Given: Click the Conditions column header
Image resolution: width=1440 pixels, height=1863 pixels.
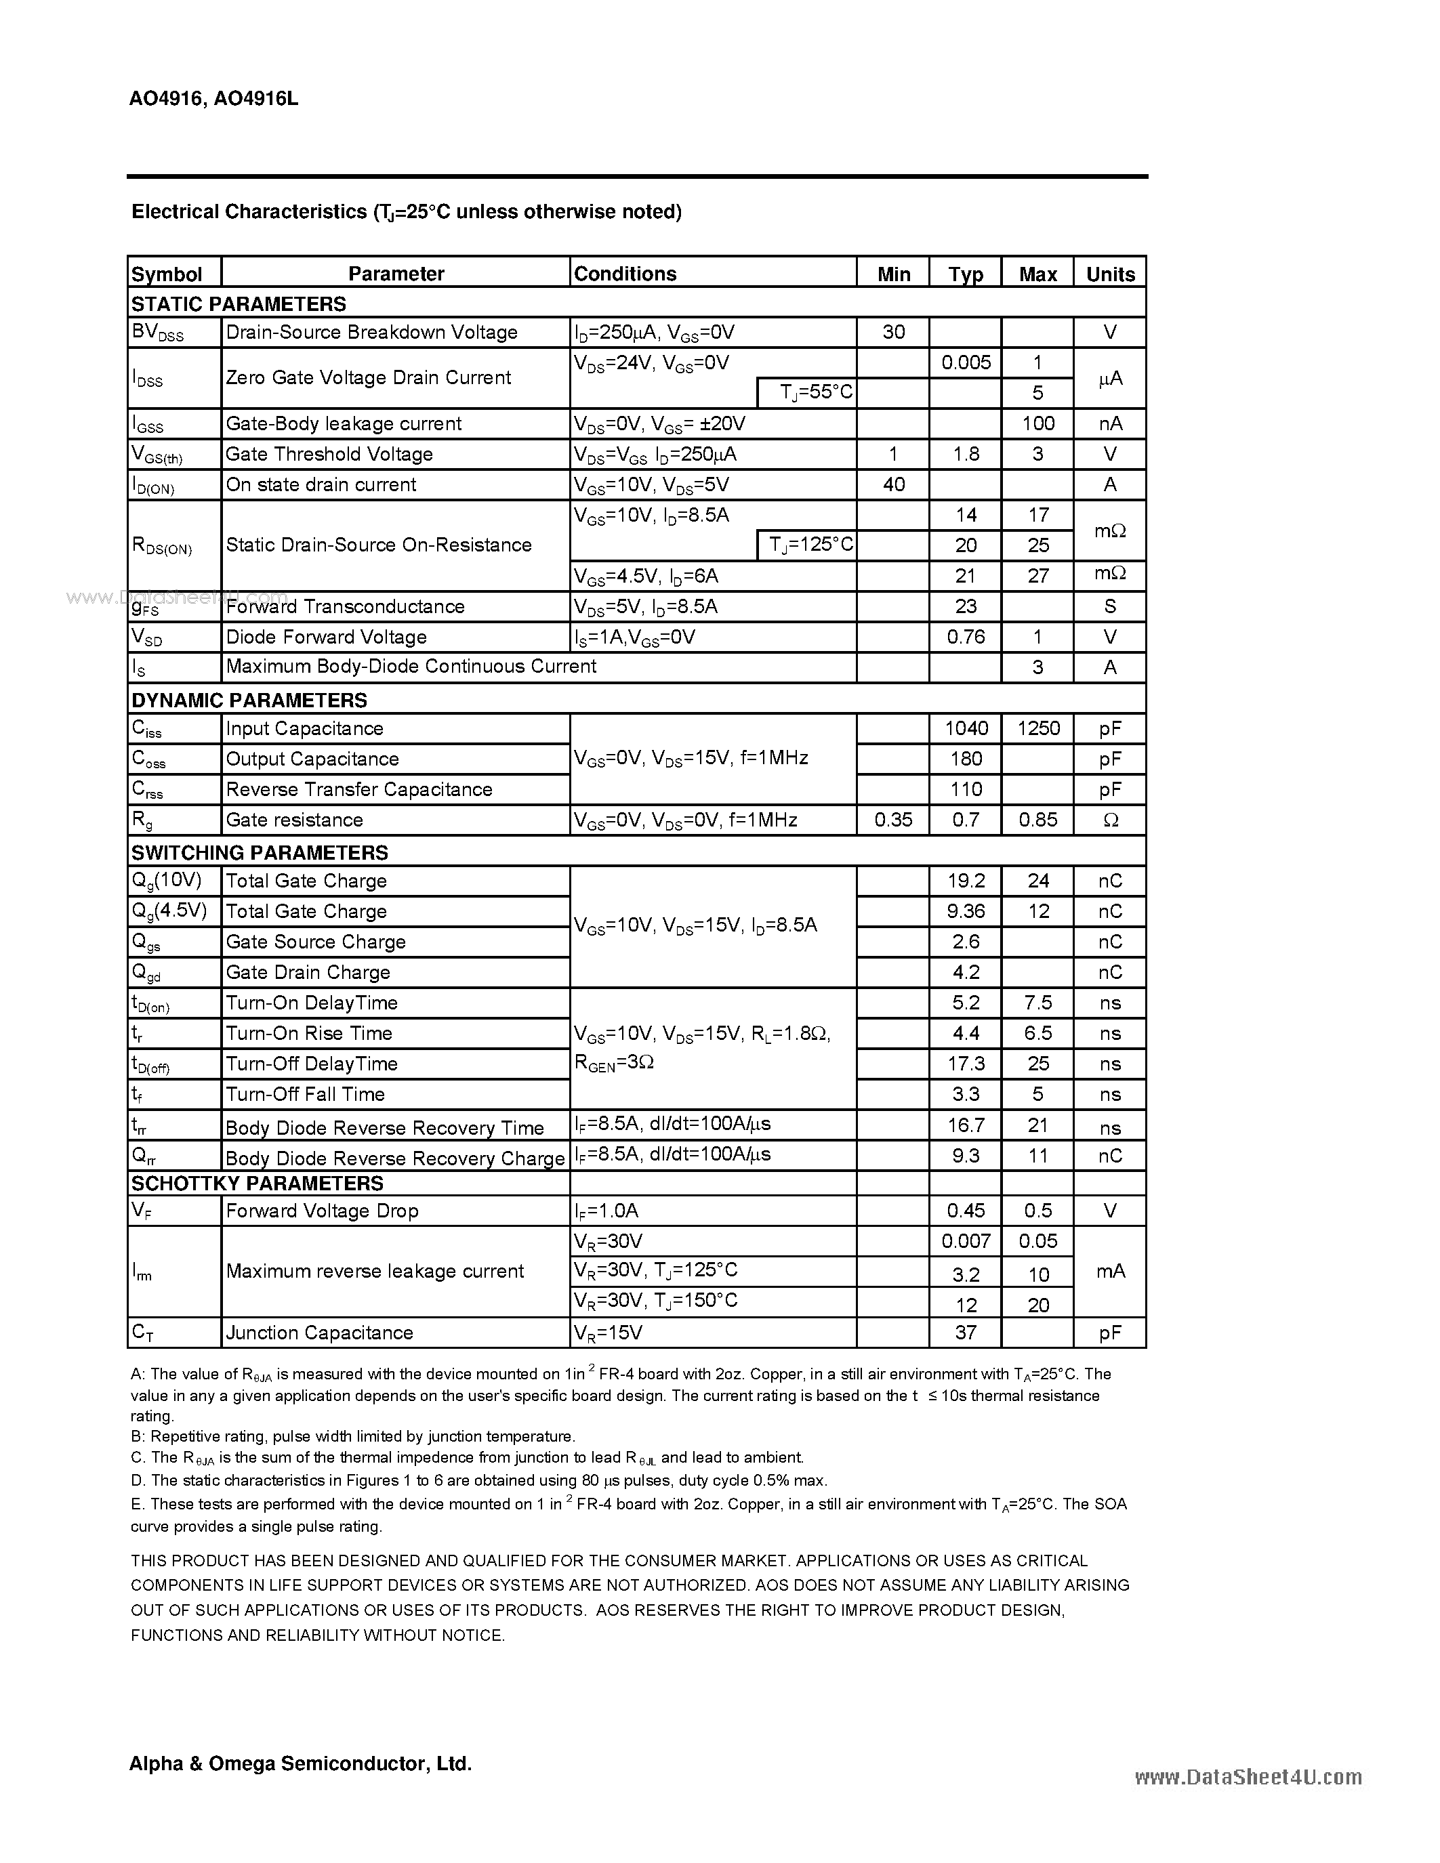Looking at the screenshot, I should [x=625, y=274].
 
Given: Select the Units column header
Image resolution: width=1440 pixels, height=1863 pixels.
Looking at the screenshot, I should [x=1110, y=274].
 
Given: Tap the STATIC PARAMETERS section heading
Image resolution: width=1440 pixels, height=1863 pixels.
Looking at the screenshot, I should [x=239, y=303].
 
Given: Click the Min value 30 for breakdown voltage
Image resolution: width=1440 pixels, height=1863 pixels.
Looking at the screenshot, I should [x=893, y=332].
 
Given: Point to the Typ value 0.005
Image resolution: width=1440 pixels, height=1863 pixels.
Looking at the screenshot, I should [x=966, y=362].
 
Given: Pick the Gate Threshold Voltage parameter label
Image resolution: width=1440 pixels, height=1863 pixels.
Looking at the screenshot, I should [x=329, y=454].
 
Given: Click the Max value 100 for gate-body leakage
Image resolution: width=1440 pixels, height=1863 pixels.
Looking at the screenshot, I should [x=1037, y=423].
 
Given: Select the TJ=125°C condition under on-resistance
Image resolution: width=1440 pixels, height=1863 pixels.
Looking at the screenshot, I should [x=810, y=544].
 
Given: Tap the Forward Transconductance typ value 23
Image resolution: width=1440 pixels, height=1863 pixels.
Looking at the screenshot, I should [x=966, y=606].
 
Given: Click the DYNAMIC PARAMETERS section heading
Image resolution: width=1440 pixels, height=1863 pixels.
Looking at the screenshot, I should [x=249, y=700].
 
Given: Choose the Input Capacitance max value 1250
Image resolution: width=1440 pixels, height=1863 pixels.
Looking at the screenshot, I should [x=1038, y=728].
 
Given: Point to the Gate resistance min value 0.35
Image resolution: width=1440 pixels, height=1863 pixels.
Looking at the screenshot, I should [x=893, y=820].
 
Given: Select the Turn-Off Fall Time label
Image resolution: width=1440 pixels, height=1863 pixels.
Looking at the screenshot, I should [x=306, y=1094].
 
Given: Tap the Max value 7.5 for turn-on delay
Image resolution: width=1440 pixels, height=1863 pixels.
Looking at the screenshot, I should [x=1038, y=1003].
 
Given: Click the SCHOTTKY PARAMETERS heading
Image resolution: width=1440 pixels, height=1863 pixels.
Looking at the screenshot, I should [x=258, y=1183].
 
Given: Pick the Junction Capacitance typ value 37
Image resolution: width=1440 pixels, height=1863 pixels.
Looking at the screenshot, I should [x=966, y=1333].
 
